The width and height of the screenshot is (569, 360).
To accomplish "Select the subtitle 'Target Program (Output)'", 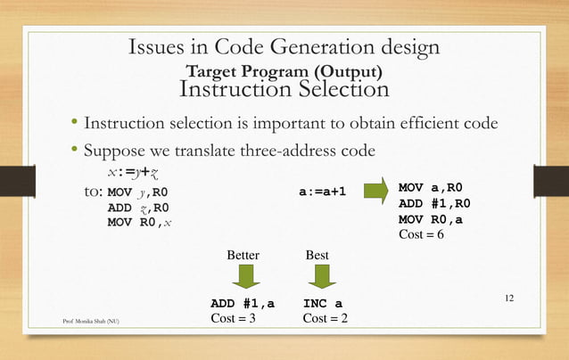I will tap(284, 70).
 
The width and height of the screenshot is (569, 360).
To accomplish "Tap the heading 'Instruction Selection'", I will tap(284, 89).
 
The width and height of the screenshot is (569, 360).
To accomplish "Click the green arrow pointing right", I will tap(376, 191).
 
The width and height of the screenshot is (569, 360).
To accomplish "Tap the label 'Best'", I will tap(317, 256).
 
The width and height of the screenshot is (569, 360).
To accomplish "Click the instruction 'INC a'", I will tap(323, 304).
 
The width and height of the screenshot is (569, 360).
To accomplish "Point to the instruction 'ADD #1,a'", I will tap(242, 304).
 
